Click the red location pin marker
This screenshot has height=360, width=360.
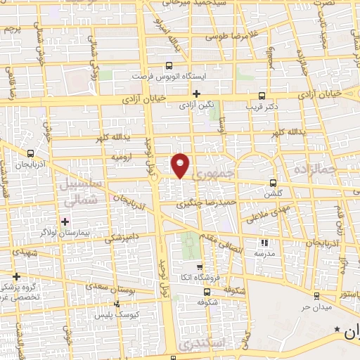click(181, 165)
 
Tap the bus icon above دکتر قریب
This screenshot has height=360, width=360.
click(262, 96)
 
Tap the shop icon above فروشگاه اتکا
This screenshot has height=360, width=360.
click(200, 266)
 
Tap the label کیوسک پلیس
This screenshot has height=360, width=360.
click(117, 314)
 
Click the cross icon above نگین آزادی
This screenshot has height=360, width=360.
click(197, 94)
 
